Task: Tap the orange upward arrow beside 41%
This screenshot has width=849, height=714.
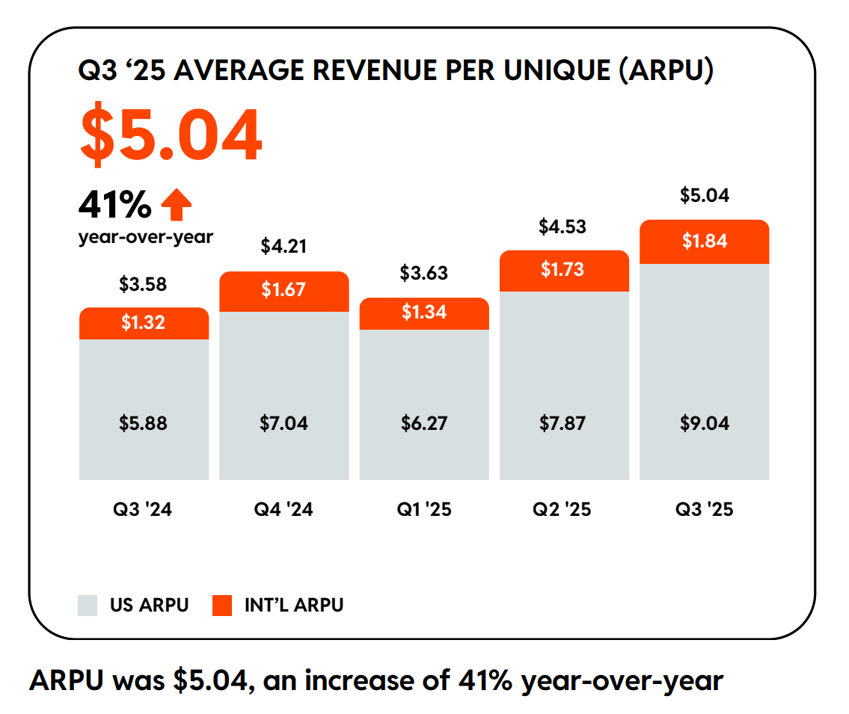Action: point(177,205)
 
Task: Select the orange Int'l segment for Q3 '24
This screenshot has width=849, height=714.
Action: point(144,323)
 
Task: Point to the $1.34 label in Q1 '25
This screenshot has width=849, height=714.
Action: point(424,313)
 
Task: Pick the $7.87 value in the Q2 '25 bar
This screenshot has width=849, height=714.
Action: point(564,423)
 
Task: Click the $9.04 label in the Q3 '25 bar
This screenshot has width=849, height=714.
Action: point(704,423)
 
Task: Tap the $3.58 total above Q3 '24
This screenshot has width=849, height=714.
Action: point(143,285)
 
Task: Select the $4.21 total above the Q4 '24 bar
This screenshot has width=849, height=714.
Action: point(283,246)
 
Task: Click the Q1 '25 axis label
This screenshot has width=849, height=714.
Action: point(424,510)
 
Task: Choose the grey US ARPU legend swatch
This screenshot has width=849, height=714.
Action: point(88,606)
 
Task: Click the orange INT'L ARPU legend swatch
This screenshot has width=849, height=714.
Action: point(223,606)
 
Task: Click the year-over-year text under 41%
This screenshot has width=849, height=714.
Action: point(145,237)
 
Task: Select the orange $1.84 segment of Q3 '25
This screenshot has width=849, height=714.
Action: point(704,241)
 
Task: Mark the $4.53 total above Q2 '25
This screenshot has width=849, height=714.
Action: point(563,227)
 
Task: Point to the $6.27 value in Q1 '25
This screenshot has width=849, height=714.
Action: point(424,423)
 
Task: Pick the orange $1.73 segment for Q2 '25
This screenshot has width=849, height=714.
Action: point(564,271)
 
